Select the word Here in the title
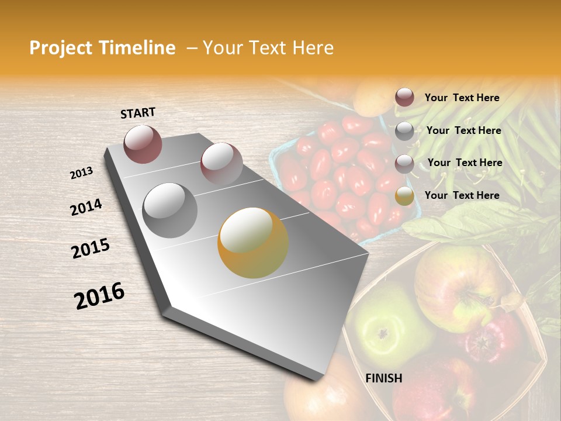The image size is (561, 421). pyautogui.click(x=309, y=49)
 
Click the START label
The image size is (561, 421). pyautogui.click(x=138, y=113)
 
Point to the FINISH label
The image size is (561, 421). pyautogui.click(x=383, y=378)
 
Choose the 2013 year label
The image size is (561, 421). pyautogui.click(x=81, y=173)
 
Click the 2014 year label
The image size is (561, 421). pyautogui.click(x=86, y=207)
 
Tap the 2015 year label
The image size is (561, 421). pyautogui.click(x=91, y=249)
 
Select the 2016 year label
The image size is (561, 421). pyautogui.click(x=99, y=295)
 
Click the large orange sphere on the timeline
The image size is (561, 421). pyautogui.click(x=253, y=243)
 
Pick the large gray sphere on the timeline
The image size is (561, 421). pyautogui.click(x=170, y=210)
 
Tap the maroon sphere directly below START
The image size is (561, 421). pyautogui.click(x=143, y=144)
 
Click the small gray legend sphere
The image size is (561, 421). pyautogui.click(x=404, y=131)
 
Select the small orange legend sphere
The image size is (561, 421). pyautogui.click(x=404, y=196)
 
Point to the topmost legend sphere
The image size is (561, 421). pyautogui.click(x=404, y=97)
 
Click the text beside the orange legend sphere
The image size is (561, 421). pyautogui.click(x=462, y=195)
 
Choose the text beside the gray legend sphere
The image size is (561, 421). pyautogui.click(x=463, y=130)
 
